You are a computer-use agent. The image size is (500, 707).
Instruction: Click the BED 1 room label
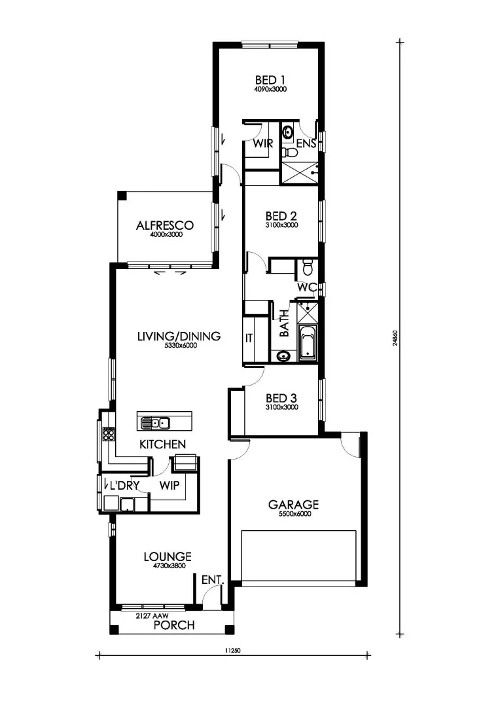(270, 80)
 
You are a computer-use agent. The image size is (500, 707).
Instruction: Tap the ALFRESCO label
(164, 225)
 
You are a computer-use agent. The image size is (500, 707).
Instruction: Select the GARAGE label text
(293, 504)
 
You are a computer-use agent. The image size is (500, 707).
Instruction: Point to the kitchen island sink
(154, 423)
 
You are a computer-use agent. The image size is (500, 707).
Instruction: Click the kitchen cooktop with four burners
(108, 433)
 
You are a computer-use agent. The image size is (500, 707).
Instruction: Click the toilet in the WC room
(308, 267)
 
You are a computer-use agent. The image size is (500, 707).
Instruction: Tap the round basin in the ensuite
(287, 132)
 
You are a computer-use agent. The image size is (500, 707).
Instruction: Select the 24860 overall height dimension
(395, 338)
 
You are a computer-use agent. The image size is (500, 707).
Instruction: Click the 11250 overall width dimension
(232, 651)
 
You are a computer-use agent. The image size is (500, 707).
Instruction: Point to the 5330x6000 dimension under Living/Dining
(179, 346)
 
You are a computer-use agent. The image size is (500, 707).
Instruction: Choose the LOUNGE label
(168, 556)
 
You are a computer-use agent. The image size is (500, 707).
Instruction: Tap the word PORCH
(174, 625)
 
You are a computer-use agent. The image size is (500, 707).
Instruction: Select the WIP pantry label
(170, 485)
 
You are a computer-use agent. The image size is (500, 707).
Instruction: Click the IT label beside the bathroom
(249, 338)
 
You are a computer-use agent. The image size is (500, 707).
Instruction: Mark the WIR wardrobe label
(263, 143)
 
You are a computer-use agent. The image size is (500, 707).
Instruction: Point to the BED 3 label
(281, 398)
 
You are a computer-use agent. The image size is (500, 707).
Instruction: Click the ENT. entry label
(213, 580)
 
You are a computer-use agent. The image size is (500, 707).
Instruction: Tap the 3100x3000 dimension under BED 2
(281, 225)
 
